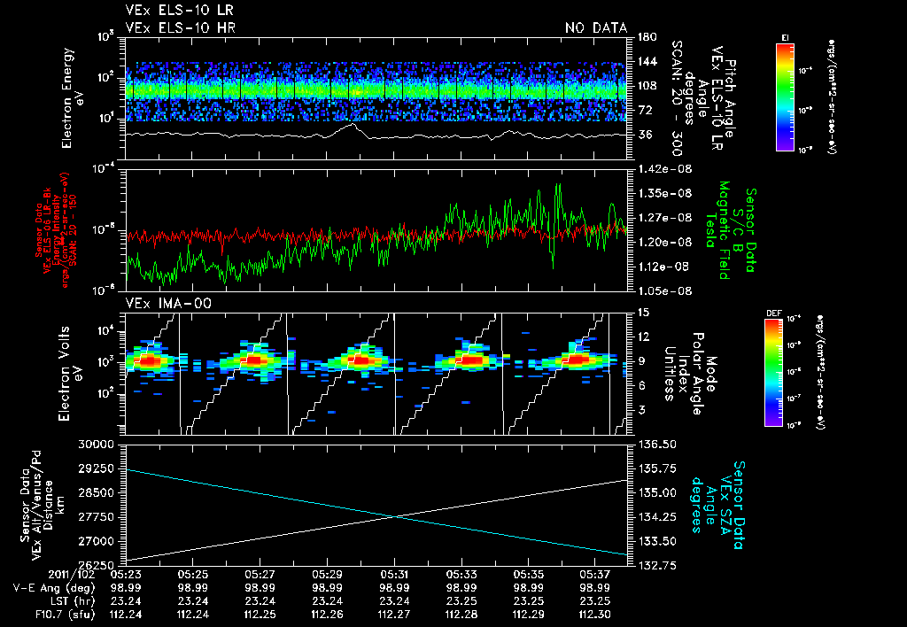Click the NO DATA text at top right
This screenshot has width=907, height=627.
tap(596, 28)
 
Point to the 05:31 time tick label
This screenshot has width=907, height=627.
tap(392, 574)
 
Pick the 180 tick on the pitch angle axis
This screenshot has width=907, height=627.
tap(644, 36)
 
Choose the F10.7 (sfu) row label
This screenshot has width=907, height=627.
tap(66, 613)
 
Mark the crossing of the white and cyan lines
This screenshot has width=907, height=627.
tap(394, 516)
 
